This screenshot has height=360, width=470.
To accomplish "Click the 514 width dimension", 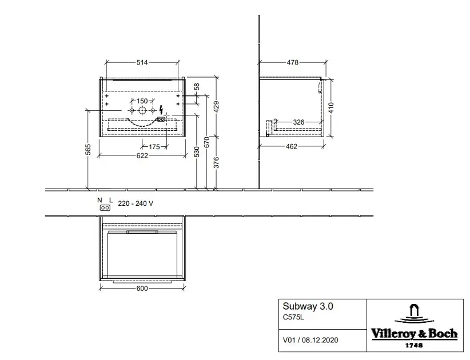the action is (142, 62).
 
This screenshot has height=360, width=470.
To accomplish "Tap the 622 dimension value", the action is (142, 155).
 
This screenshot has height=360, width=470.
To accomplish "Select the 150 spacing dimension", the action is (142, 101).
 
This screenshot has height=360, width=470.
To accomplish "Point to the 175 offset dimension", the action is (154, 147).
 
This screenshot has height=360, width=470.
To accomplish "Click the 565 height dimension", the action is (88, 150).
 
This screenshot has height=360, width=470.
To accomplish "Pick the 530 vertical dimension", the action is (197, 152).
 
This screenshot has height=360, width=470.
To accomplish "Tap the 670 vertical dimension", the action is (206, 142).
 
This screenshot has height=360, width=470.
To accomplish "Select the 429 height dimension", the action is (216, 107).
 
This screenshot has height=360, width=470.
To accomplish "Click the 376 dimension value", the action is (216, 163).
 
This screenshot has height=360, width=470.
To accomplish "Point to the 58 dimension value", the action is (197, 86).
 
